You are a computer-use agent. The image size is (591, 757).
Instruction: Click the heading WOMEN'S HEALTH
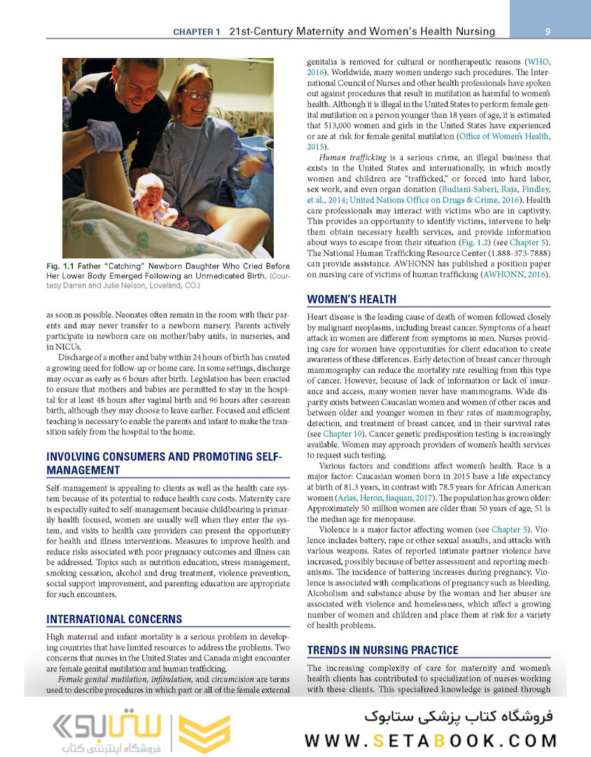pos(352,299)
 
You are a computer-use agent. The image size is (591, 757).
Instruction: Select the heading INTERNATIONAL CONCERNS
pos(114,619)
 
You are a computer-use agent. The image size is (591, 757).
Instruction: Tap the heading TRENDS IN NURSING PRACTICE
pos(382,650)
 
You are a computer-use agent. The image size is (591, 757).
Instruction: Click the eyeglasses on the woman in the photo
pos(196,95)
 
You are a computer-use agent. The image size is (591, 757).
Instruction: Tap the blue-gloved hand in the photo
pos(104,135)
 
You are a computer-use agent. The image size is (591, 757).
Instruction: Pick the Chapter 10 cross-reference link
pos(343,435)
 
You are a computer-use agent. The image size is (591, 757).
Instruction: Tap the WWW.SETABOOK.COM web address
pos(431,741)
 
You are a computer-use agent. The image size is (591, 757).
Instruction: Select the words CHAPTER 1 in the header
pos(197,32)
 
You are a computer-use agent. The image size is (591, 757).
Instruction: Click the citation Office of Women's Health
pos(503,136)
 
